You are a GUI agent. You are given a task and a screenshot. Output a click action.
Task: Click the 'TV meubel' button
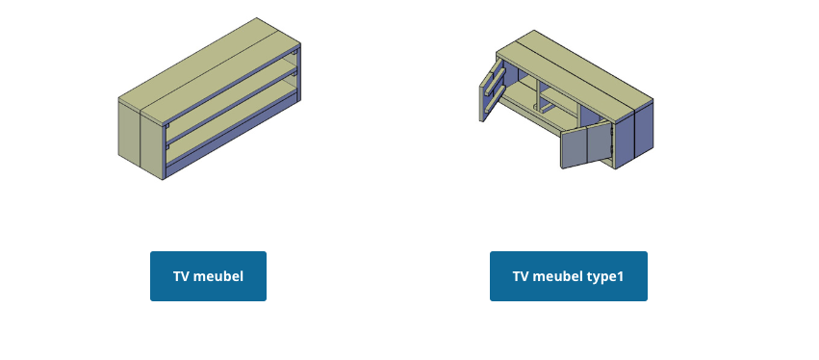[x=208, y=276]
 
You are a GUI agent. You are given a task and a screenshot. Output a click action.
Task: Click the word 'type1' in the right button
[x=605, y=277]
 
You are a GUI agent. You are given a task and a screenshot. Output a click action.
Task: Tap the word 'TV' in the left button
[x=181, y=277]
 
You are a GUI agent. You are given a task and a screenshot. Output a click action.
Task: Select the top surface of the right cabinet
[x=577, y=72]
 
